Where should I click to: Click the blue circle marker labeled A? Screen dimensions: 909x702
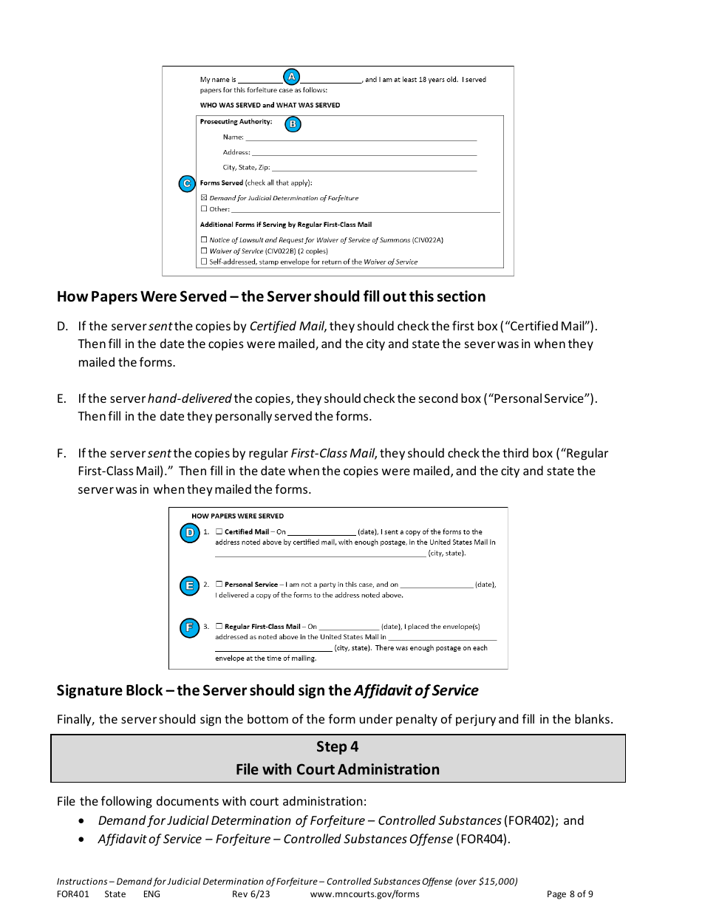click(291, 77)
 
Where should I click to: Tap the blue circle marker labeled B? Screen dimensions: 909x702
click(293, 124)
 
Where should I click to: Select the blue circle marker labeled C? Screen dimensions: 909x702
click(187, 183)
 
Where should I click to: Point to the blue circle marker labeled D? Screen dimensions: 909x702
click(189, 533)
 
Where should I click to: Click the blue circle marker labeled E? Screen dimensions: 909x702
click(189, 586)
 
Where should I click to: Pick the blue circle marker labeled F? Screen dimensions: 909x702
click(189, 628)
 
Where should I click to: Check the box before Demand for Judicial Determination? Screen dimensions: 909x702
click(204, 198)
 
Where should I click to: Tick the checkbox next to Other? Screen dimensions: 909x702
click(204, 209)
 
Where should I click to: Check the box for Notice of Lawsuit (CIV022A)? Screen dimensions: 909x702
click(204, 240)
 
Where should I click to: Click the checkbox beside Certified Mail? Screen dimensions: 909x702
click(219, 531)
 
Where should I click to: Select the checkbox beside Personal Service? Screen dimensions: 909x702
click(219, 584)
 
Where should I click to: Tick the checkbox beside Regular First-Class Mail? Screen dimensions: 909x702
click(219, 626)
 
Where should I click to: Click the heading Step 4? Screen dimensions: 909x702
click(338, 746)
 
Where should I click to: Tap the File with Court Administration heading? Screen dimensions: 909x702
click(338, 769)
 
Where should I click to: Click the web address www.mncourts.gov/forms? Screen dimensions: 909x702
click(364, 893)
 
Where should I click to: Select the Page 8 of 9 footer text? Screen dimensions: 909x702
click(570, 893)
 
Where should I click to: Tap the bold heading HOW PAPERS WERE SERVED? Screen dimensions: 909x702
click(237, 516)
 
